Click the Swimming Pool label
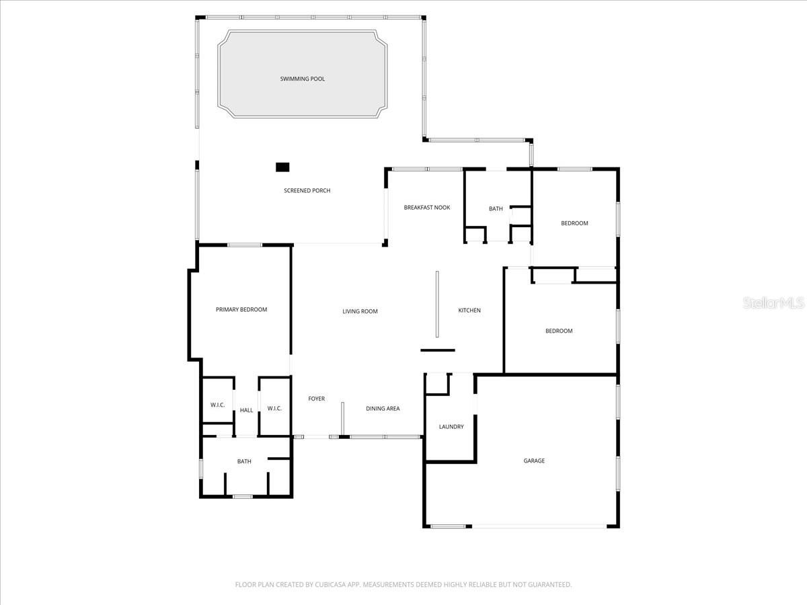(302, 79)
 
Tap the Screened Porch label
(307, 191)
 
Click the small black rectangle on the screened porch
(282, 167)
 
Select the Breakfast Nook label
(427, 208)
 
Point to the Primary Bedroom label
(241, 310)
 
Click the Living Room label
(360, 311)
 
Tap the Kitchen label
(469, 311)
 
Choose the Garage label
(534, 461)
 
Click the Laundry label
(451, 427)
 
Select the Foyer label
(316, 399)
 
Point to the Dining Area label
(383, 409)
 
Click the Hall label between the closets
(247, 410)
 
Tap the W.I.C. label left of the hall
(217, 405)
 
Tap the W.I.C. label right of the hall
(274, 409)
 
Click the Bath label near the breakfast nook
(496, 209)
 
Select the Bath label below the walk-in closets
(244, 462)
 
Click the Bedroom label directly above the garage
(559, 331)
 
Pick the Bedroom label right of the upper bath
(574, 223)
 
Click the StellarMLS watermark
(773, 304)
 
